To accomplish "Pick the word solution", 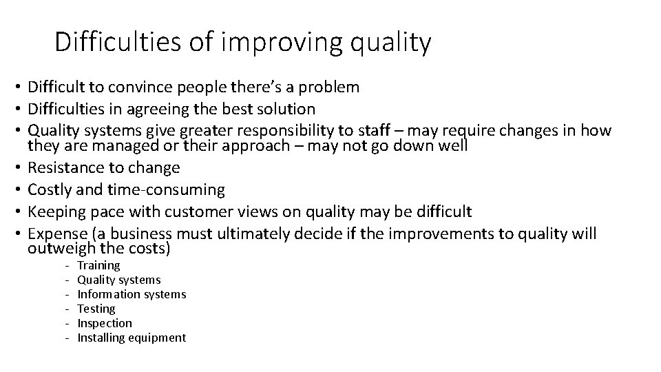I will pos(285,109).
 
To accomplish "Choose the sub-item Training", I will pos(98,265).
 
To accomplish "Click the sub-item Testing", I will pos(96,309).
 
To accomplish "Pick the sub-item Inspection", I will pos(105,323).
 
